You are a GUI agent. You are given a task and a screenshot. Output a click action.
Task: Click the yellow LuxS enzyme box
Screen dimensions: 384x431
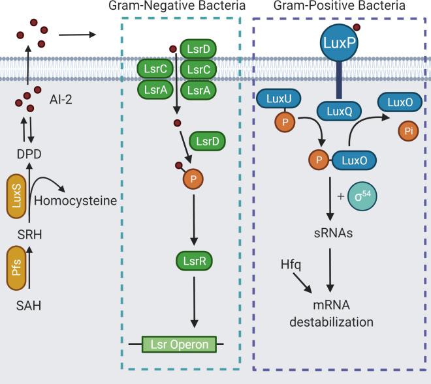(x=18, y=195)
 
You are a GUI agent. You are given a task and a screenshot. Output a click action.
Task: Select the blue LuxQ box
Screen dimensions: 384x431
(x=338, y=112)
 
